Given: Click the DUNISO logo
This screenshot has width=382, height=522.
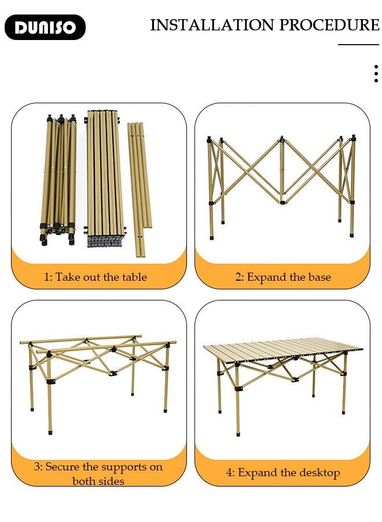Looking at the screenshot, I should coord(45,27).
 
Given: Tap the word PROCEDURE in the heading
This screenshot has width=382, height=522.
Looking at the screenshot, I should coord(329,26).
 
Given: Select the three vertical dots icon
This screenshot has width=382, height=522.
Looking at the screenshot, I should coord(376,74).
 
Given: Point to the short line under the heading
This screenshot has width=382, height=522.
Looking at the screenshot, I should coord(358,45).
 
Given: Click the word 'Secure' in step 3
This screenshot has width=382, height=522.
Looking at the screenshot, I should coord(64,467).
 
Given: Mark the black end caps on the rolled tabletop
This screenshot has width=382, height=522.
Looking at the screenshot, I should coord(105,240).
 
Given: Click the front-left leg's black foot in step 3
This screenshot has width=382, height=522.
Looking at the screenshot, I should coord(50,432).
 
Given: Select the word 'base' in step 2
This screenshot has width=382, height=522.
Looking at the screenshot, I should coord(319,277).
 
